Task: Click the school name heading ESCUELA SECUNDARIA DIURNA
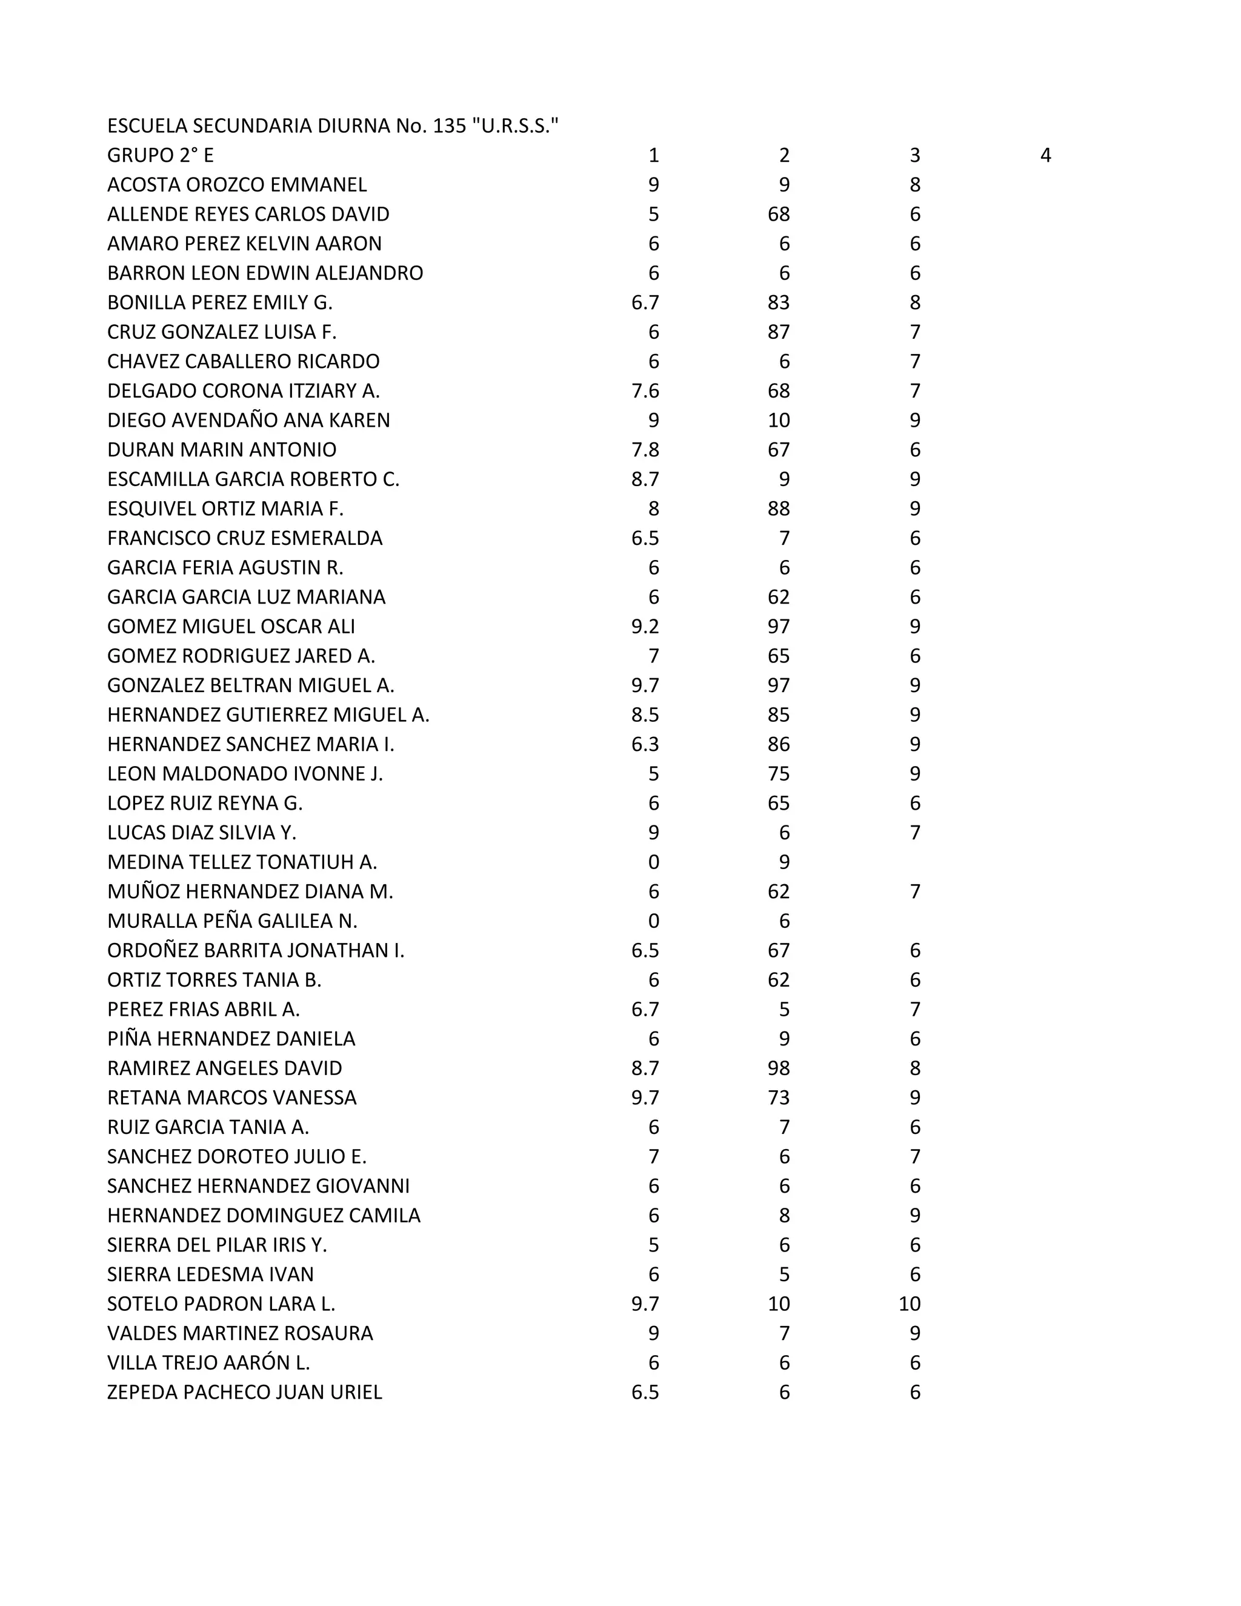pyautogui.click(x=332, y=125)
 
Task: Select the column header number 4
pyautogui.click(x=1045, y=155)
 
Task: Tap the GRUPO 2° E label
pyautogui.click(x=160, y=155)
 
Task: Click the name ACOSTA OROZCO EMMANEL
pyautogui.click(x=237, y=185)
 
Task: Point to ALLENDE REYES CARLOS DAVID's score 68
pyautogui.click(x=779, y=214)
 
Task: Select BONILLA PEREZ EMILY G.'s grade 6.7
pyautogui.click(x=645, y=302)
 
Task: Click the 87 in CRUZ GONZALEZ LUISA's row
pyautogui.click(x=779, y=332)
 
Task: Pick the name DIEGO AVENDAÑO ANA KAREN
pyautogui.click(x=248, y=420)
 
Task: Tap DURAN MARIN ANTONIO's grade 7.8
pyautogui.click(x=645, y=449)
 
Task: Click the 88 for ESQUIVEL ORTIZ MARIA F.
pyautogui.click(x=779, y=508)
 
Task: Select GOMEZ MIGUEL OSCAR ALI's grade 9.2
pyautogui.click(x=645, y=626)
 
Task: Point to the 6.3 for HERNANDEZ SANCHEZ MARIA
pyautogui.click(x=645, y=744)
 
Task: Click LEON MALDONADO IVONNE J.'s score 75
pyautogui.click(x=779, y=773)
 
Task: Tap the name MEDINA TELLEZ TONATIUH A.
pyautogui.click(x=242, y=862)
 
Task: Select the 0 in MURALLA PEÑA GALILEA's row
pyautogui.click(x=654, y=921)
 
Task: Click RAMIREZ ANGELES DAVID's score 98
pyautogui.click(x=779, y=1068)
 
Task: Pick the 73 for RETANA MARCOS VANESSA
pyautogui.click(x=779, y=1097)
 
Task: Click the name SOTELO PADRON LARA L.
pyautogui.click(x=221, y=1304)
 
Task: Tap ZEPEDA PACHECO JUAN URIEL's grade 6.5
pyautogui.click(x=645, y=1392)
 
